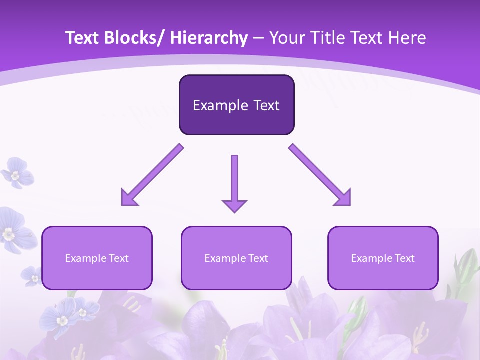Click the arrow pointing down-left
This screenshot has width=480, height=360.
point(155,173)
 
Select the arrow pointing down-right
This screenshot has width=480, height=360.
point(317,173)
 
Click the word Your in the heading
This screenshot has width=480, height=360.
point(286,38)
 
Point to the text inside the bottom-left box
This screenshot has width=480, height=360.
point(97,258)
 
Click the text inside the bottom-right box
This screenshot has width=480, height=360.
point(383,258)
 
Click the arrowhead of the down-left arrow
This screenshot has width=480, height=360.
point(129,198)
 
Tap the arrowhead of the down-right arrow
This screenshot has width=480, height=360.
point(344,198)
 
